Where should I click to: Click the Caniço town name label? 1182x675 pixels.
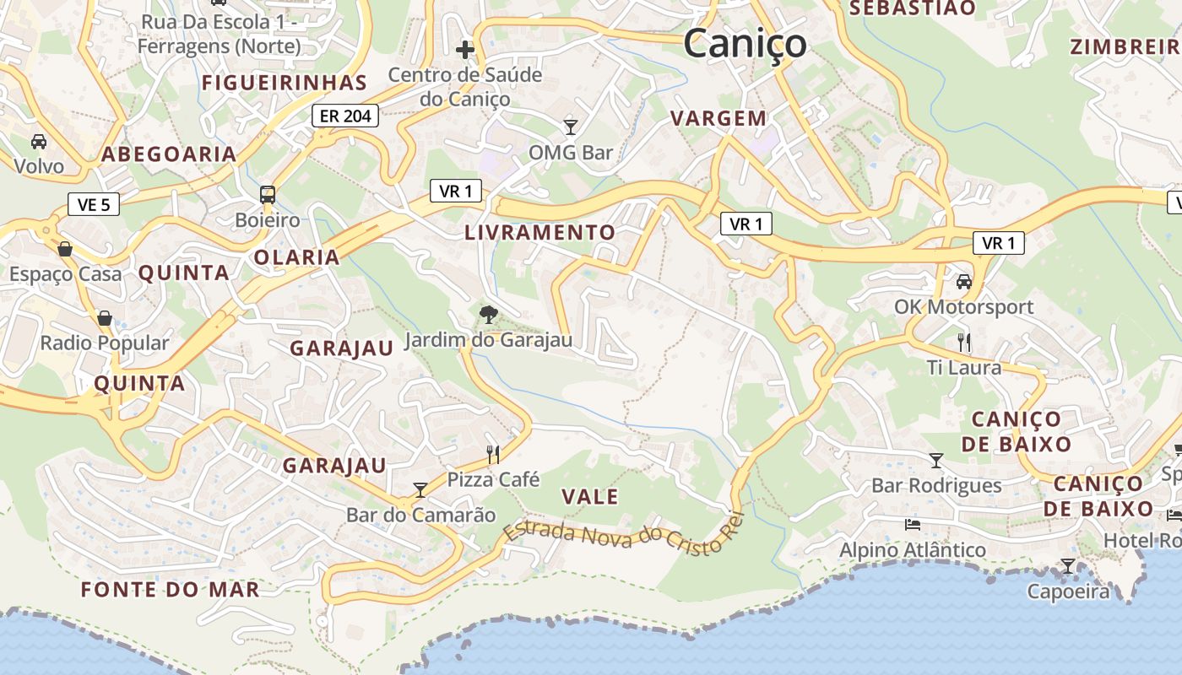pyautogui.click(x=745, y=43)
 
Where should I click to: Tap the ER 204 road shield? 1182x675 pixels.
pyautogui.click(x=345, y=116)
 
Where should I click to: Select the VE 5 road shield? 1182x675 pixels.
pyautogui.click(x=94, y=204)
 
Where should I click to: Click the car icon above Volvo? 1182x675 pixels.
pyautogui.click(x=39, y=141)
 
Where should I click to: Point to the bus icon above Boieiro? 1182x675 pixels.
pyautogui.click(x=268, y=195)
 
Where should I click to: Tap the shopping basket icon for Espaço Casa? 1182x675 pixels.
pyautogui.click(x=65, y=249)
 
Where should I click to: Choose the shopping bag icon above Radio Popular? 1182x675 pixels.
pyautogui.click(x=105, y=318)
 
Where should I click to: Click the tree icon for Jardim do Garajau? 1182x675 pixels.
pyautogui.click(x=488, y=315)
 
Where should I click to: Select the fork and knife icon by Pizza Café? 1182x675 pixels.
pyautogui.click(x=493, y=455)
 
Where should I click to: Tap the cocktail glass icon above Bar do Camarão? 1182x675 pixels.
pyautogui.click(x=420, y=489)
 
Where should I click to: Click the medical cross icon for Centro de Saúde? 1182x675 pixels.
pyautogui.click(x=464, y=50)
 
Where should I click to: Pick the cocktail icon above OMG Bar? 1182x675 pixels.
pyautogui.click(x=571, y=127)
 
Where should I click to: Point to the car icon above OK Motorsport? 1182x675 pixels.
pyautogui.click(x=963, y=281)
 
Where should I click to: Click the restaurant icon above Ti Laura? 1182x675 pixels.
pyautogui.click(x=963, y=342)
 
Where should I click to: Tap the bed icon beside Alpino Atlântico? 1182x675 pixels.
pyautogui.click(x=913, y=524)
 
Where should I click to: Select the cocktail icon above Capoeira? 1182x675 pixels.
pyautogui.click(x=1068, y=565)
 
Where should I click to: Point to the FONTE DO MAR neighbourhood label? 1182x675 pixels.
pyautogui.click(x=171, y=589)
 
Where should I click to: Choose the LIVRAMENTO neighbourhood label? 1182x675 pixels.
pyautogui.click(x=540, y=232)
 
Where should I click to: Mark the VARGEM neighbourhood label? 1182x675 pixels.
pyautogui.click(x=718, y=119)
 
